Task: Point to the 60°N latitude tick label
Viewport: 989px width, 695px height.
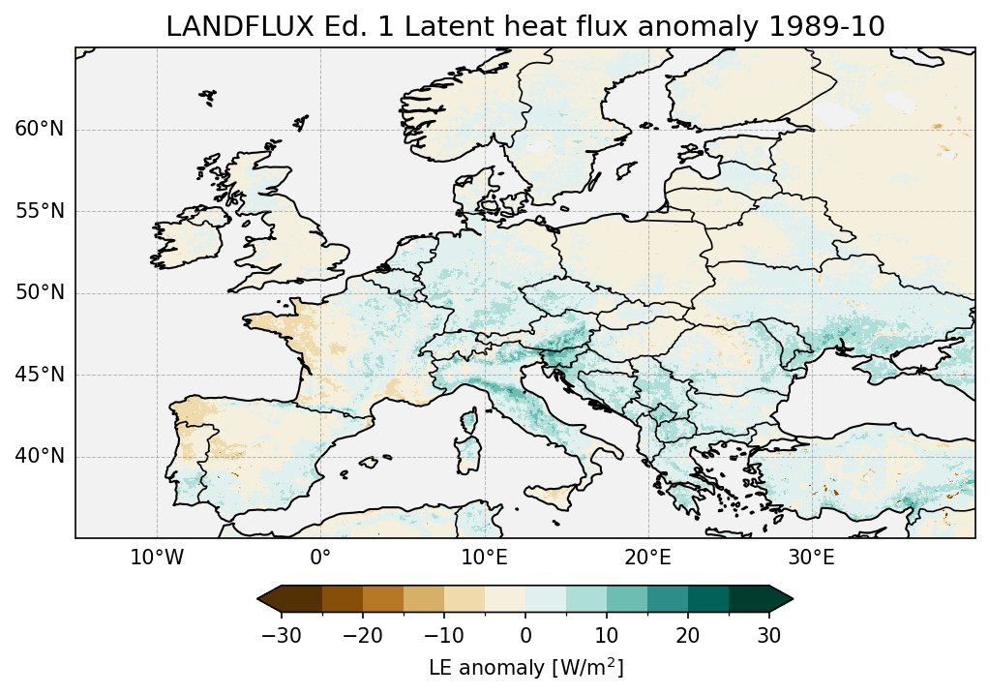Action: coord(39,130)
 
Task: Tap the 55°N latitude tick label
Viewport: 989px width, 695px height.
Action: coord(39,211)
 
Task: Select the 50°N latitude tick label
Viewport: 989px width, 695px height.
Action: coord(39,293)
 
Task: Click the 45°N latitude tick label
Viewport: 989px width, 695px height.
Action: coord(39,375)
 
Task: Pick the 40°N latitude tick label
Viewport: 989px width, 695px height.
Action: coord(39,456)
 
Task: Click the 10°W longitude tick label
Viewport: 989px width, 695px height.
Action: coord(157,559)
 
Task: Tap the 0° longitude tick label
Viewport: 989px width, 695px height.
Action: coord(320,559)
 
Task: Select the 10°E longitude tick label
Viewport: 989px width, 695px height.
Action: coord(484,559)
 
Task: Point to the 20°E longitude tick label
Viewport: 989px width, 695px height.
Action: coord(647,559)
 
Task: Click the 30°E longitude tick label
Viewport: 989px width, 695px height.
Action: coord(811,559)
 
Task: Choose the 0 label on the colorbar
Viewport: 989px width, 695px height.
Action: coord(525,635)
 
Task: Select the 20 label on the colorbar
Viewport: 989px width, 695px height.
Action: coord(688,635)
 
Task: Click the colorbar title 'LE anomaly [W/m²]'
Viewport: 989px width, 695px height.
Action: coord(525,668)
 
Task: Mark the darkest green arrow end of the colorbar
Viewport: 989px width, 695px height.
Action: coord(780,599)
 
